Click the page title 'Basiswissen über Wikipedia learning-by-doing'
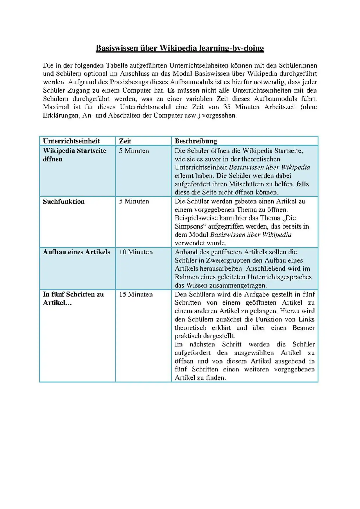tap(180, 48)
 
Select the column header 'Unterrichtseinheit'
tap(71, 141)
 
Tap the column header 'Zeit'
tap(125, 141)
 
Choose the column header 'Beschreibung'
tap(196, 141)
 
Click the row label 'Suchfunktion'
tap(64, 202)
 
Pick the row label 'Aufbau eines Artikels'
tap(76, 252)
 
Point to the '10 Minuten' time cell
tap(136, 252)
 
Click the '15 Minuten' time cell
tap(136, 294)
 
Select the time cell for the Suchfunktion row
tap(134, 202)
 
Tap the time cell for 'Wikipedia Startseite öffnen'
tap(134, 151)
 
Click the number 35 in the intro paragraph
tap(227, 107)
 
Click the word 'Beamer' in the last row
tap(303, 328)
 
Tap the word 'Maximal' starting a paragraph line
tap(56, 107)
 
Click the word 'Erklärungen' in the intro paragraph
tap(60, 116)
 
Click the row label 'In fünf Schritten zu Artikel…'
tap(73, 298)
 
